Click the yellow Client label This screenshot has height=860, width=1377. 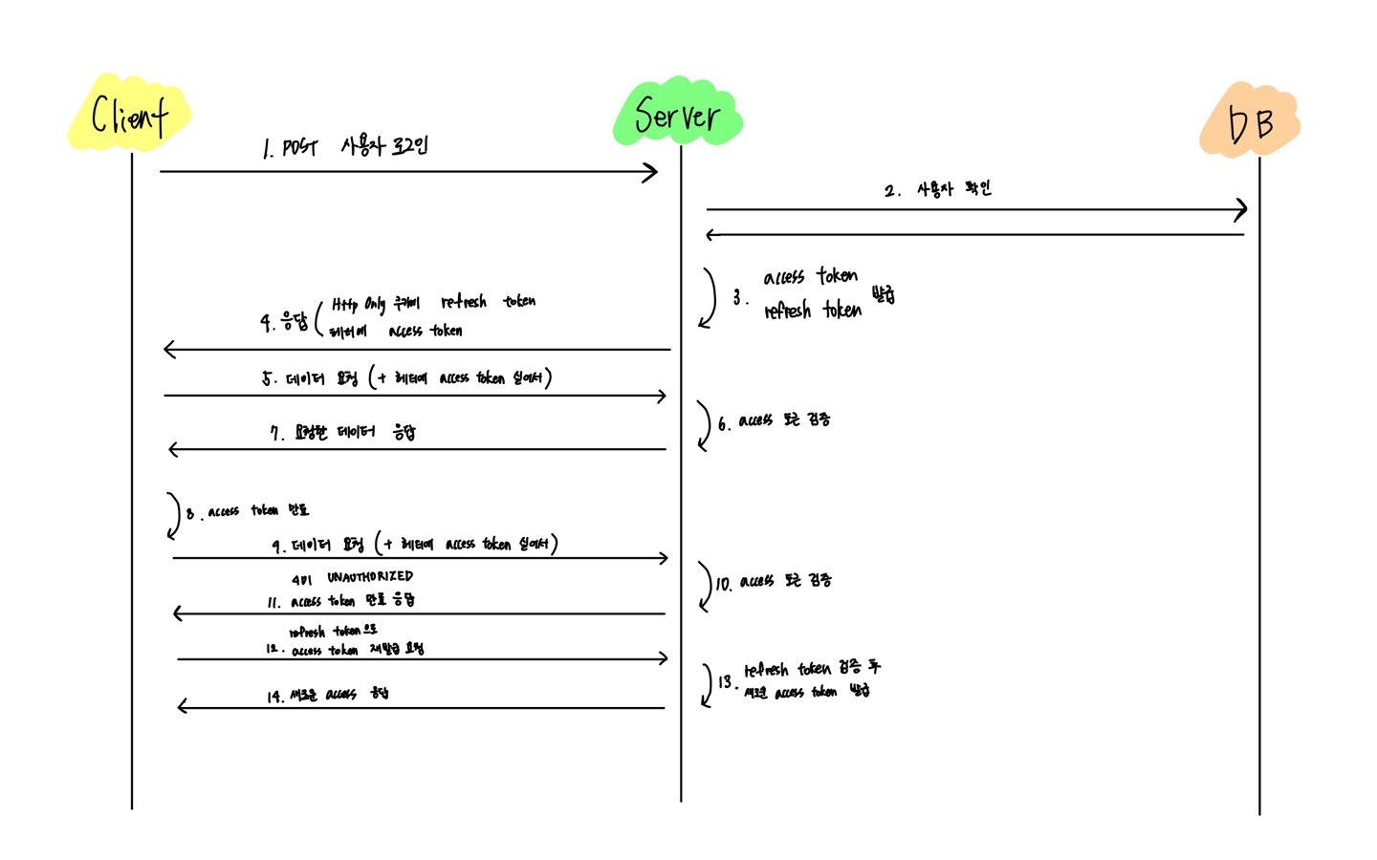(x=129, y=115)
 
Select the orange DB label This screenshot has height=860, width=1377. (x=1250, y=122)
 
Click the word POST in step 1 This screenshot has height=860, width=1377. (x=299, y=147)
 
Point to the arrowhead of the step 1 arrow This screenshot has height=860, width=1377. (x=651, y=172)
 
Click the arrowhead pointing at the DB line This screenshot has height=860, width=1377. (x=1241, y=209)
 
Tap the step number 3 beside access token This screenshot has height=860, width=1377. (x=738, y=297)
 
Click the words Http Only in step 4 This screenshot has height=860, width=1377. (x=359, y=304)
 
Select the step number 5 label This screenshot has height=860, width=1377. (x=269, y=378)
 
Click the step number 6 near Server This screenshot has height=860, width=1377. (x=724, y=422)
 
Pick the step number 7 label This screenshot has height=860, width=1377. (x=276, y=434)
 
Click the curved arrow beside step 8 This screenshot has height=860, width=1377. (x=174, y=516)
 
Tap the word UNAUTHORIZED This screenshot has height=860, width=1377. (x=370, y=576)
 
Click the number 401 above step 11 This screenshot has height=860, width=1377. (x=301, y=579)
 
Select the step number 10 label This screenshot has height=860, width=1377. (x=723, y=583)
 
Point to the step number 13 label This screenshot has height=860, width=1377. (x=725, y=681)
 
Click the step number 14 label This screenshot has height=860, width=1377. (x=274, y=697)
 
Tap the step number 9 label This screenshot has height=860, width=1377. (x=277, y=546)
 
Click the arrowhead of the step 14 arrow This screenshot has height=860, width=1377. (x=183, y=707)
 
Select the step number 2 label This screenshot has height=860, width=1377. (x=891, y=190)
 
